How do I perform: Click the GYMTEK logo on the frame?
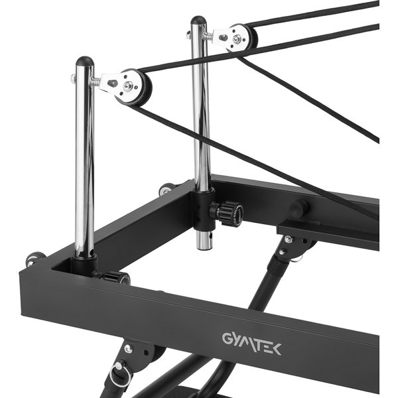click(251, 344)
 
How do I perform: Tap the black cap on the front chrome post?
click(85, 61)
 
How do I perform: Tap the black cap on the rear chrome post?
click(198, 20)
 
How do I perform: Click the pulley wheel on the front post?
click(134, 87)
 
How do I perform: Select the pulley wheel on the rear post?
click(241, 37)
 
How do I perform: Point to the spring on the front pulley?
click(95, 81)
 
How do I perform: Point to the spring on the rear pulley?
click(208, 36)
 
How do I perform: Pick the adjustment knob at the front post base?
click(116, 277)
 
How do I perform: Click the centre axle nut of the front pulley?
click(128, 86)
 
